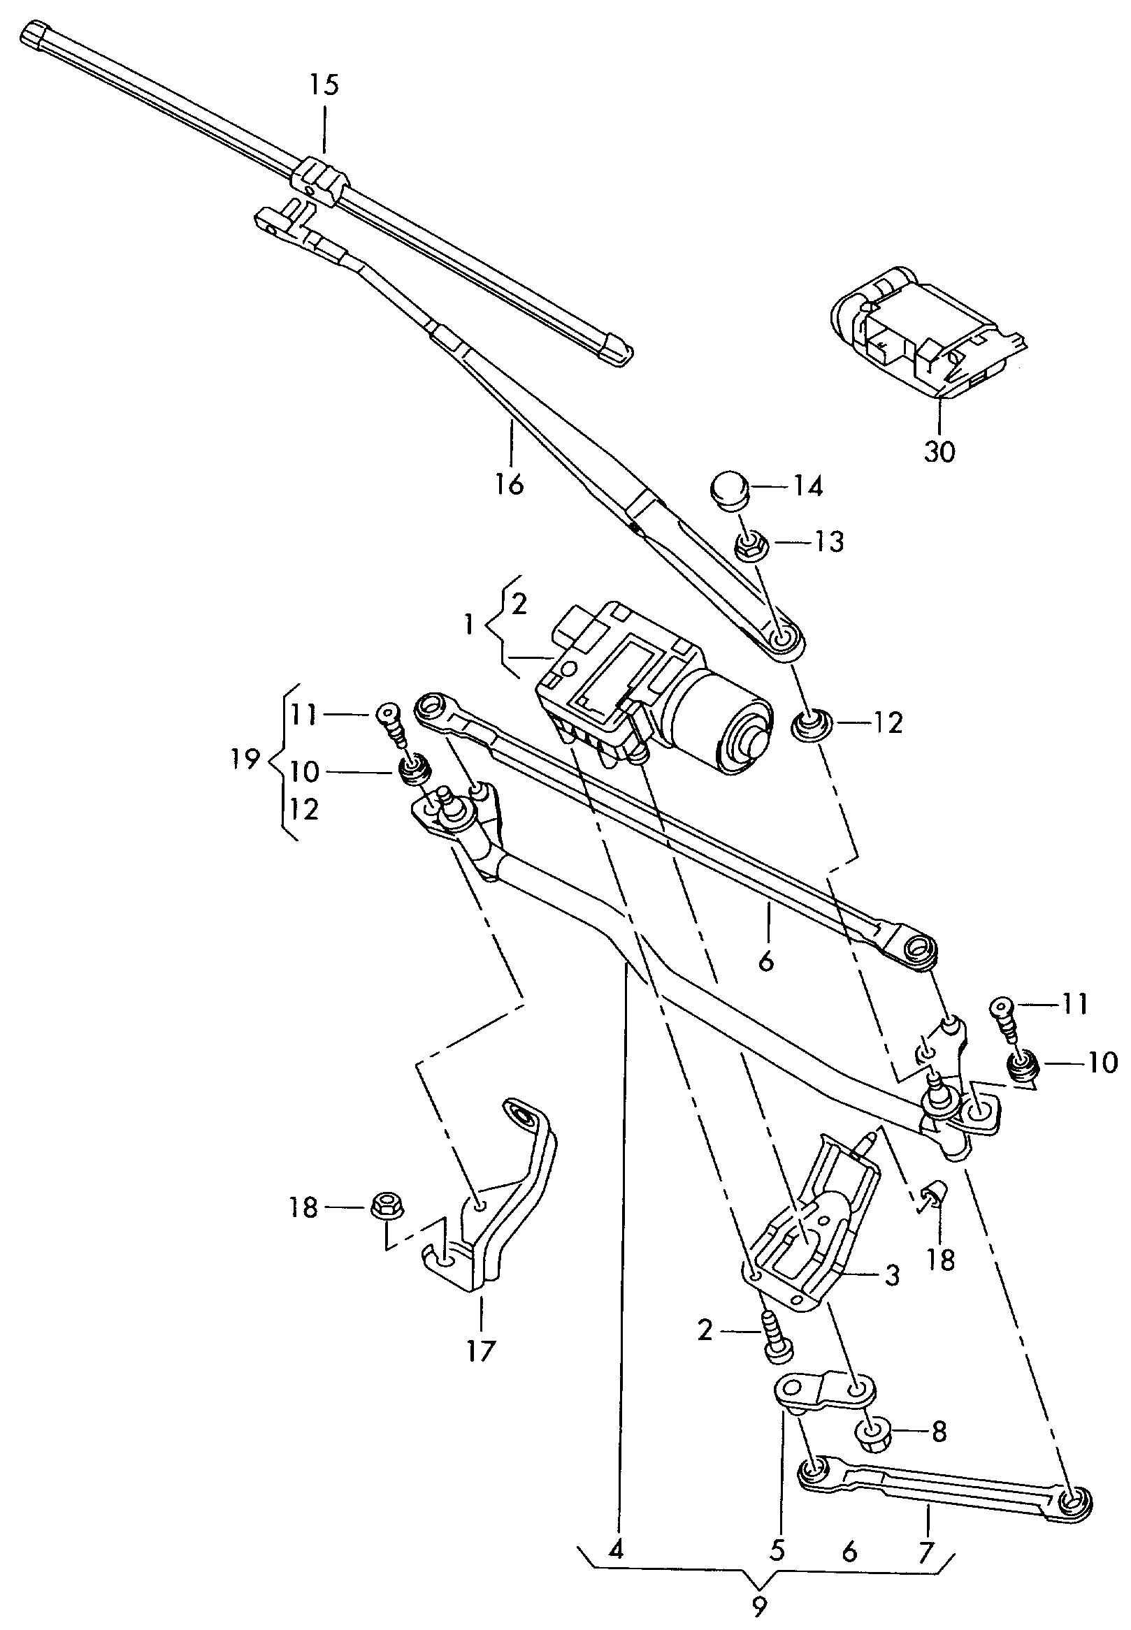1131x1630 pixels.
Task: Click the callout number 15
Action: click(x=324, y=86)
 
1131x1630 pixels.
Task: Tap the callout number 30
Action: click(x=939, y=451)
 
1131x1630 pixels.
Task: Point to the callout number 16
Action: click(x=510, y=485)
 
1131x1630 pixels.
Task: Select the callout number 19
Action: click(x=244, y=761)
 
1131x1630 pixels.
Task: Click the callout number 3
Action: click(x=892, y=1274)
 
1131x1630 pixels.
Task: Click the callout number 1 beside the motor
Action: click(x=468, y=625)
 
